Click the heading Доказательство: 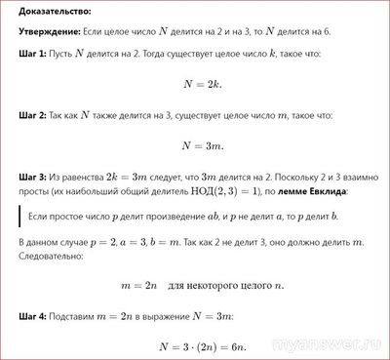(50, 13)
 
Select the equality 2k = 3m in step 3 (123, 177)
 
